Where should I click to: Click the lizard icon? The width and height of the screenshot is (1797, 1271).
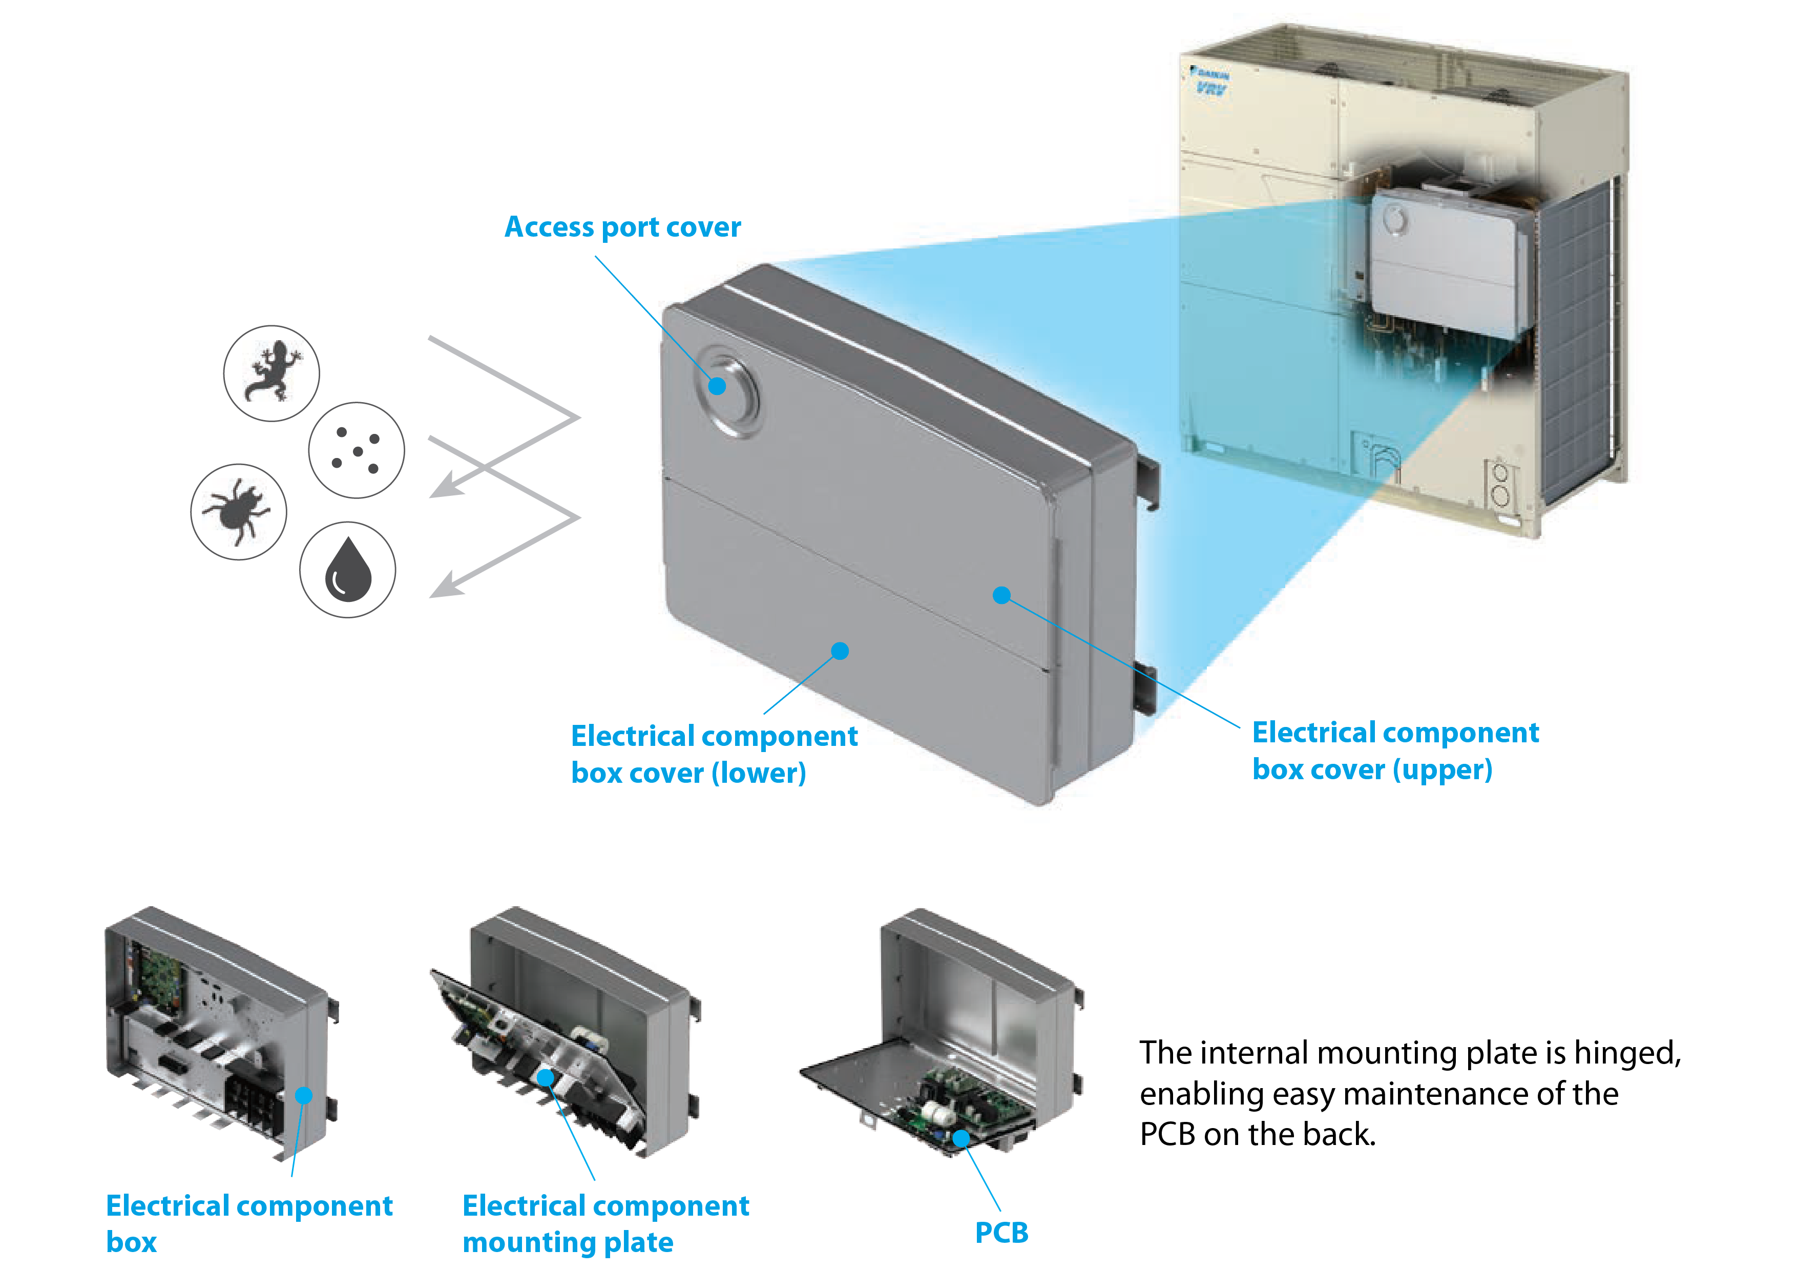(271, 373)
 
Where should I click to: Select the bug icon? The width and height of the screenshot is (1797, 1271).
(238, 512)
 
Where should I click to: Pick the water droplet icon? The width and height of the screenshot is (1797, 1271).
(347, 570)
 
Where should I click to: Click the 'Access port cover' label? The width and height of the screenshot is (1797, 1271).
(622, 227)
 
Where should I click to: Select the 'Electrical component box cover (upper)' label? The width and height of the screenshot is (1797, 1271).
(1395, 751)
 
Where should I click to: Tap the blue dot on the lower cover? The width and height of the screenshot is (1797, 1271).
(840, 651)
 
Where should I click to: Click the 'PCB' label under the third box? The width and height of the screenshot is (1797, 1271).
(1001, 1233)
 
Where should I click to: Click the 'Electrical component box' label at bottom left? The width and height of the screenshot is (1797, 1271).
(249, 1223)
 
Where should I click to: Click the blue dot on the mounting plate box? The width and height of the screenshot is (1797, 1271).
(546, 1078)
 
